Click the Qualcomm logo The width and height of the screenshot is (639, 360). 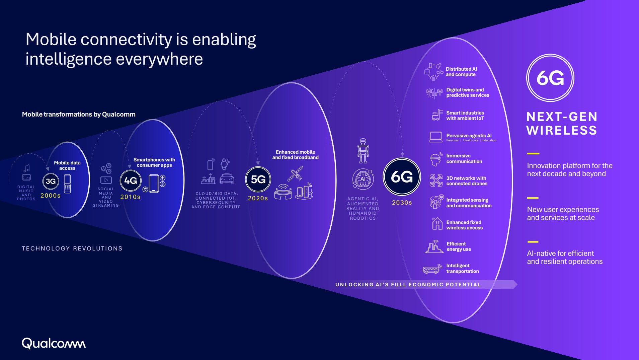tap(54, 343)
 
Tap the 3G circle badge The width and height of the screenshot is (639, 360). tap(51, 181)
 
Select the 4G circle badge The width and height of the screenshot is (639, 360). tap(131, 181)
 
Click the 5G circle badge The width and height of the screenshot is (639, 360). tap(258, 179)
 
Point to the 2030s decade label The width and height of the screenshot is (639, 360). tap(402, 203)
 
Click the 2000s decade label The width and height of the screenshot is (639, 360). tap(51, 196)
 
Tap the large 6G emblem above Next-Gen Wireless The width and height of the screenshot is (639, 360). tap(550, 78)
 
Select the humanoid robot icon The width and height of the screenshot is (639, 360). tap(363, 150)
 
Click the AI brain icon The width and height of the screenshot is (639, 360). tap(363, 179)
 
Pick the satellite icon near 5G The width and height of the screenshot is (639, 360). tap(295, 174)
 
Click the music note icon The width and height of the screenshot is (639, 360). tap(27, 168)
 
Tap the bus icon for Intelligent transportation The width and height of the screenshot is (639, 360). tap(432, 269)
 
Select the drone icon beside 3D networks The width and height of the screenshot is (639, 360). tap(436, 181)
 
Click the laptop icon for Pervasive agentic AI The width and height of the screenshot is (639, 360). tap(435, 137)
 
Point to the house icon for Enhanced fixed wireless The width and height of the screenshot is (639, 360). tap(437, 224)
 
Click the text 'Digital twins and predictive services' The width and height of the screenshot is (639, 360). tap(468, 92)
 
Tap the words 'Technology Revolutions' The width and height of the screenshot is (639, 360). tap(72, 248)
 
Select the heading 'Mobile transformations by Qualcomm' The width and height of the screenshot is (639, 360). tap(79, 114)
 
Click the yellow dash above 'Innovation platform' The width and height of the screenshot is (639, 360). tap(533, 154)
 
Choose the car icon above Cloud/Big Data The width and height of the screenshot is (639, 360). tap(227, 178)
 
